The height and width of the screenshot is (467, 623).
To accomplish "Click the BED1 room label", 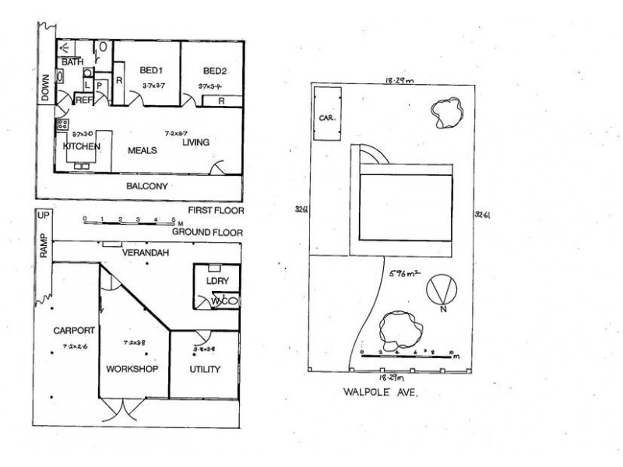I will pyautogui.click(x=151, y=70).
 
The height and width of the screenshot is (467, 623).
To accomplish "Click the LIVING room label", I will pyautogui.click(x=196, y=142).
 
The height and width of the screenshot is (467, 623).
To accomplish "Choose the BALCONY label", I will pyautogui.click(x=149, y=187).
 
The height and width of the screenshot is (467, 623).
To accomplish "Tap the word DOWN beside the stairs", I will pyautogui.click(x=45, y=86).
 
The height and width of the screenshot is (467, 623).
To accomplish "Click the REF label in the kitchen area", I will pyautogui.click(x=83, y=100).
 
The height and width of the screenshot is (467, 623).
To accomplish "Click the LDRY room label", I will pyautogui.click(x=213, y=280).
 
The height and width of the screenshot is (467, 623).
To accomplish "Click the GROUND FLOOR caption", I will pyautogui.click(x=207, y=232).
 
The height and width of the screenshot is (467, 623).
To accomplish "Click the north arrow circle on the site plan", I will pyautogui.click(x=441, y=291).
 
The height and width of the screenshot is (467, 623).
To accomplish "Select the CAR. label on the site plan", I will pyautogui.click(x=326, y=118).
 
